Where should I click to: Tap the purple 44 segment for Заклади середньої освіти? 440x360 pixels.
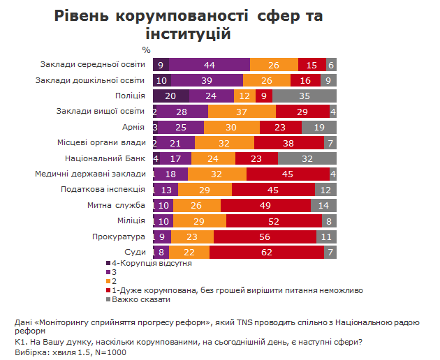click(209, 65)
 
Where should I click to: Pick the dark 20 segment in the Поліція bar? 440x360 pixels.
click(170, 96)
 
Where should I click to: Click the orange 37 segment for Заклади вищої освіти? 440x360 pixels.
click(242, 112)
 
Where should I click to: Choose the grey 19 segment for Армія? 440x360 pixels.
click(319, 127)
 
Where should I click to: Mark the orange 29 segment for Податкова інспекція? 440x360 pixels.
click(205, 188)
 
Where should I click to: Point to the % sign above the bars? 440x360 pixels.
click(146, 50)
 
